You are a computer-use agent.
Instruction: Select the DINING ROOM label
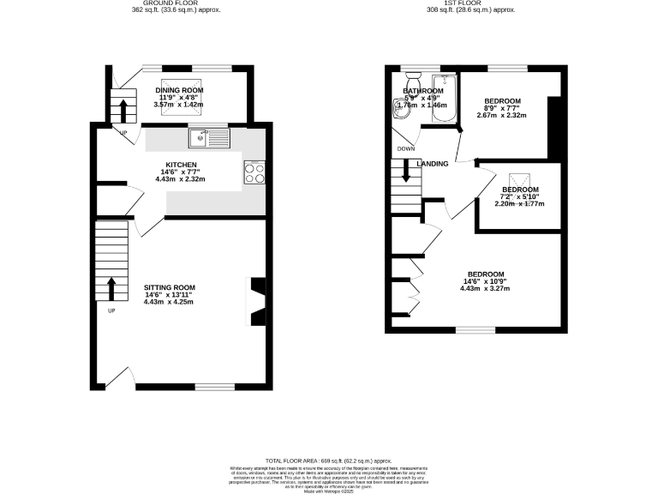coord(179,90)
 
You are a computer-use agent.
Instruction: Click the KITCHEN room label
coord(182,165)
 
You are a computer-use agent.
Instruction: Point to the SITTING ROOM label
coord(170,287)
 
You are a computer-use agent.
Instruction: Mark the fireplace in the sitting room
coord(257,300)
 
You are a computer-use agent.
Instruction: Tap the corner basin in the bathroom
coord(399,108)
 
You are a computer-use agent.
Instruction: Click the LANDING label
coord(433,164)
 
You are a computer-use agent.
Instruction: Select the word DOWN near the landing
coord(406,148)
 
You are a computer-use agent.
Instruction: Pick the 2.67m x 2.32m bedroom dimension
coord(502,115)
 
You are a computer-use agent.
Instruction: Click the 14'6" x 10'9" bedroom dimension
coord(486,281)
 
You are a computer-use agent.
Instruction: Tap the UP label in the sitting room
coord(111,310)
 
